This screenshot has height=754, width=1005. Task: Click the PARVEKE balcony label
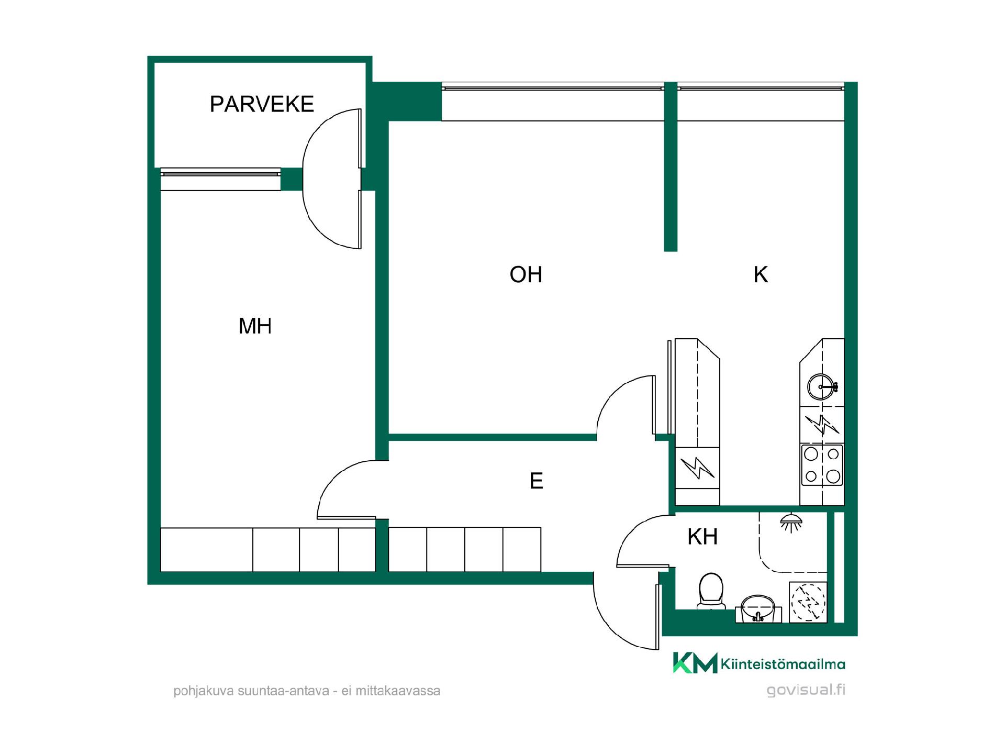(x=262, y=104)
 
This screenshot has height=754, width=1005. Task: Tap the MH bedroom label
(x=255, y=326)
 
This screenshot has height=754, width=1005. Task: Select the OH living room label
(x=526, y=274)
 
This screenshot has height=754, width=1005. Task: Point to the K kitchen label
(x=761, y=274)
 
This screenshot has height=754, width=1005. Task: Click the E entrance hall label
(x=537, y=481)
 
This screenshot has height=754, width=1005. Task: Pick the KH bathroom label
(x=702, y=537)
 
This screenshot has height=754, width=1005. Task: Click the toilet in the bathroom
(x=711, y=592)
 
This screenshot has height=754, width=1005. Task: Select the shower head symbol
(x=791, y=523)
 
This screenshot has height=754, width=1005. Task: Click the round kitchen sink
(x=821, y=387)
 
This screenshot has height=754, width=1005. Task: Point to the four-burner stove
(x=822, y=465)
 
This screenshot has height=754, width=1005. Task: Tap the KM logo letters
(x=695, y=662)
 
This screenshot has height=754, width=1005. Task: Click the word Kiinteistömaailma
(x=783, y=664)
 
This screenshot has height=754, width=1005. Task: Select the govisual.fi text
(x=806, y=690)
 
